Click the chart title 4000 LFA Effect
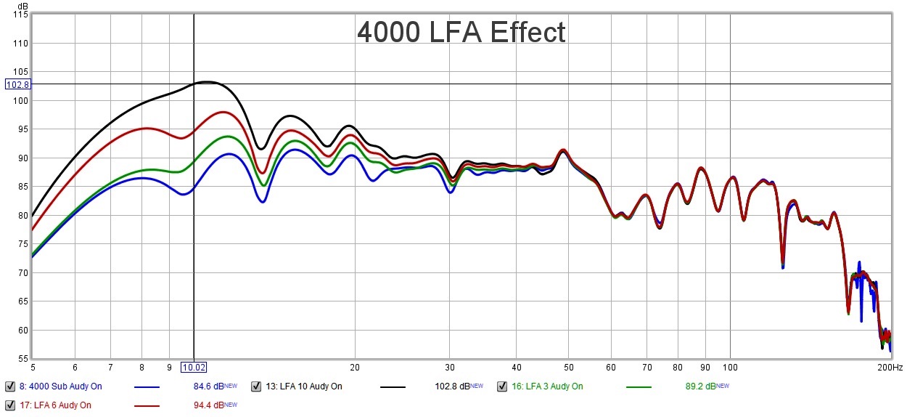(461, 33)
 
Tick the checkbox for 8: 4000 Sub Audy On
(9, 386)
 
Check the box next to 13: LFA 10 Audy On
(256, 386)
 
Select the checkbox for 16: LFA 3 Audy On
(502, 386)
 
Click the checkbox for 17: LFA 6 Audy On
(9, 405)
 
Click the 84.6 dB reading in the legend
(208, 386)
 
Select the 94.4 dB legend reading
(208, 405)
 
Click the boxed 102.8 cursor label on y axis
(17, 84)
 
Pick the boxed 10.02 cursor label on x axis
(194, 368)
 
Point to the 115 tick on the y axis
(20, 15)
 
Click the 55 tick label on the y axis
(22, 358)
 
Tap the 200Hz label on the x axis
(890, 368)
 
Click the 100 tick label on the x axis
(730, 368)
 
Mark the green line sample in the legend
(639, 386)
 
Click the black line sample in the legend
(393, 386)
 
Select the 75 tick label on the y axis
(22, 243)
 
